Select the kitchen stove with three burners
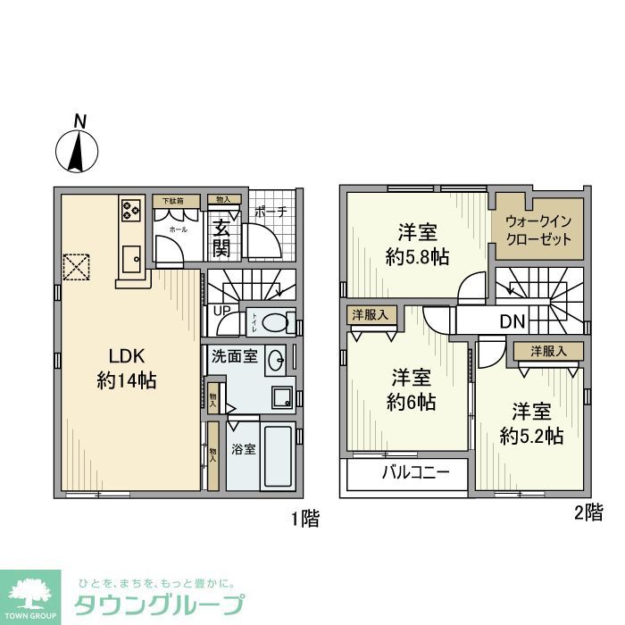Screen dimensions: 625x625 (x=131, y=211)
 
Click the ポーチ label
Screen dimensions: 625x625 (x=271, y=212)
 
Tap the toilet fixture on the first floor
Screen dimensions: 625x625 (x=278, y=321)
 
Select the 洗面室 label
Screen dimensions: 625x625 (x=234, y=356)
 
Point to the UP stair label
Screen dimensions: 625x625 (x=220, y=312)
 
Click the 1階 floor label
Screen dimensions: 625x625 (x=304, y=519)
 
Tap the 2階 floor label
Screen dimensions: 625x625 (x=587, y=513)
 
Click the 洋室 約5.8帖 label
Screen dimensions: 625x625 (x=417, y=244)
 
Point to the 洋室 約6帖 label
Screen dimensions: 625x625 (x=411, y=390)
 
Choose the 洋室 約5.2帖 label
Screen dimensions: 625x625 (x=530, y=424)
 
